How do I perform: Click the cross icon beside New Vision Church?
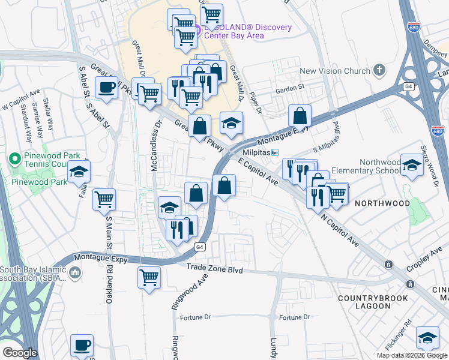point(379,71)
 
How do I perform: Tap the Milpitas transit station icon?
point(275,152)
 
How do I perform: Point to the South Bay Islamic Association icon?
point(75,273)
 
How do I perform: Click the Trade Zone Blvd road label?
point(214,270)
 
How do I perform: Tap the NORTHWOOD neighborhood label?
point(379,203)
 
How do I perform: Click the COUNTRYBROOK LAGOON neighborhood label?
point(373,302)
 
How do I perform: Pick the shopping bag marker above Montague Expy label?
point(300,115)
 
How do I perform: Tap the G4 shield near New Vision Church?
point(409,86)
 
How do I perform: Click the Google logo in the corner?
point(20,353)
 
